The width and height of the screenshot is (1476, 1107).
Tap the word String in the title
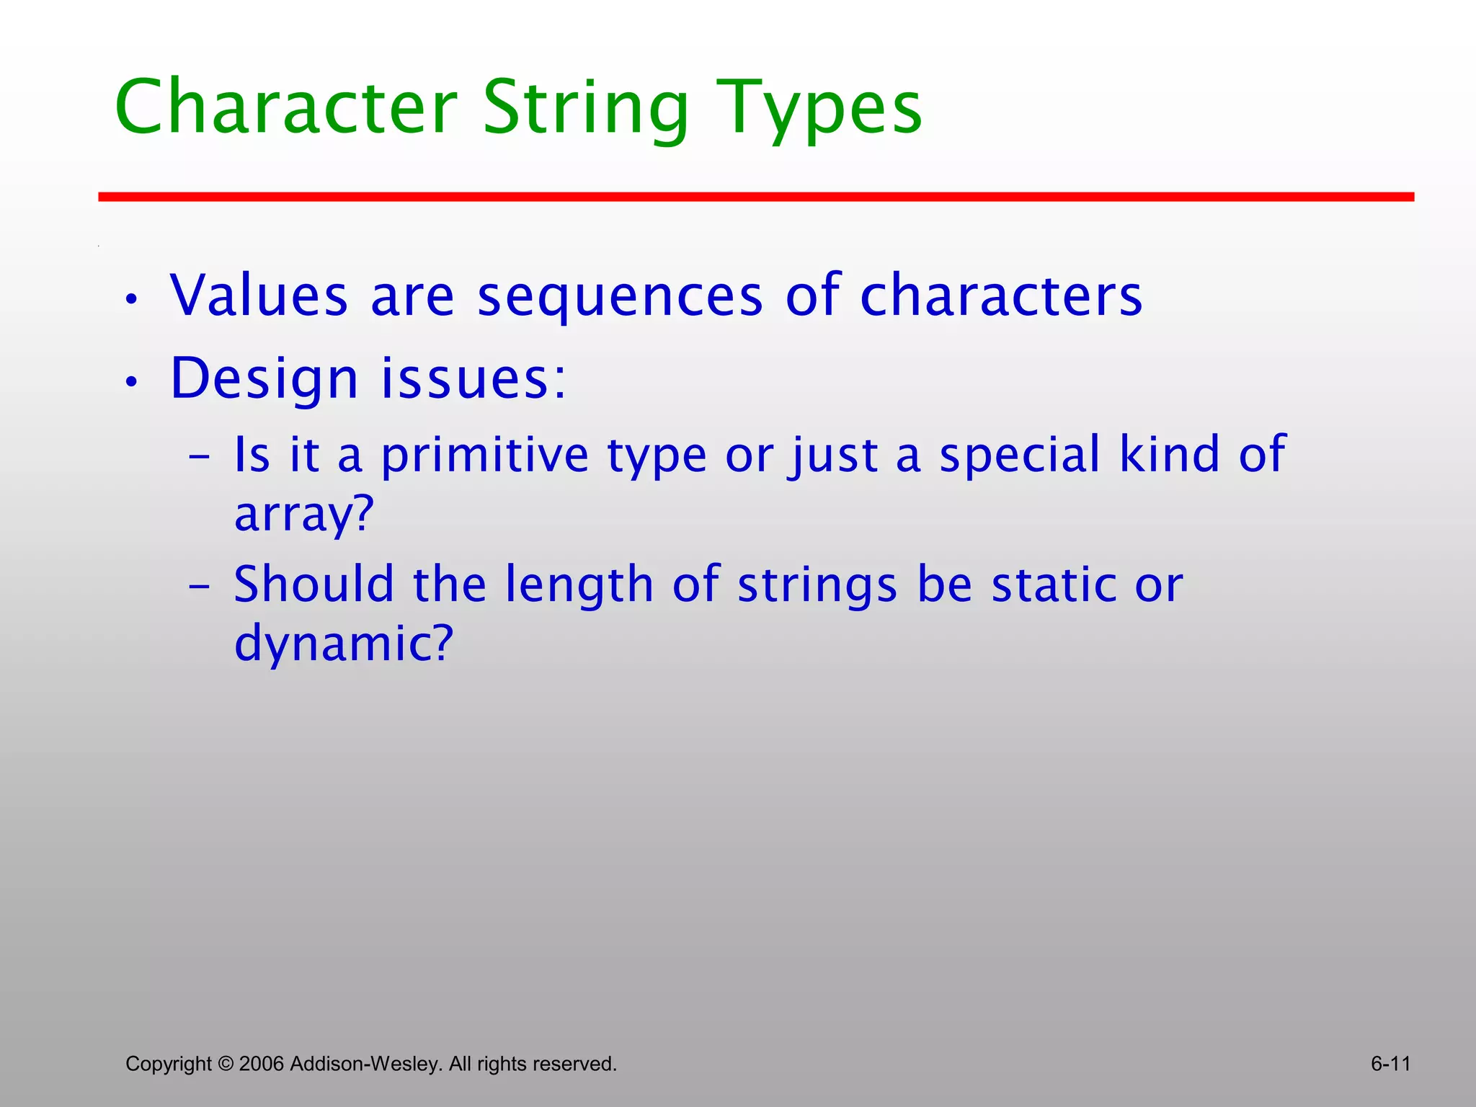(586, 108)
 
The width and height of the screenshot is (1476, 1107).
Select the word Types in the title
(819, 108)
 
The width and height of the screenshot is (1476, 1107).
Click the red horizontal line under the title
(756, 197)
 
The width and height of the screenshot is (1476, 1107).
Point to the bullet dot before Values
(130, 300)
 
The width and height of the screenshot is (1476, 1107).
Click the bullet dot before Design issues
(130, 383)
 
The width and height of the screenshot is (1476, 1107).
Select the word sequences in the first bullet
(620, 297)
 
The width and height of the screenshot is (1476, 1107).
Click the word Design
(264, 379)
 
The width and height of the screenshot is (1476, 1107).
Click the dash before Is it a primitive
(199, 458)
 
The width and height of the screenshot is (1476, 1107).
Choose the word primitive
(484, 455)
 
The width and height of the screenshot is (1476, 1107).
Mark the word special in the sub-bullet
(1020, 455)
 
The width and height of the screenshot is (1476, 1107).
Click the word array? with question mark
(304, 515)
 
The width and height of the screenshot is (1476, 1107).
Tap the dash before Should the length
(199, 587)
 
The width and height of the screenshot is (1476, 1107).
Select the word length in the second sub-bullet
(579, 584)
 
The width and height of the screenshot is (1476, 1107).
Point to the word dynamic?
(344, 644)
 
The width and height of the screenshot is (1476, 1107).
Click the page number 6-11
(1390, 1064)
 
